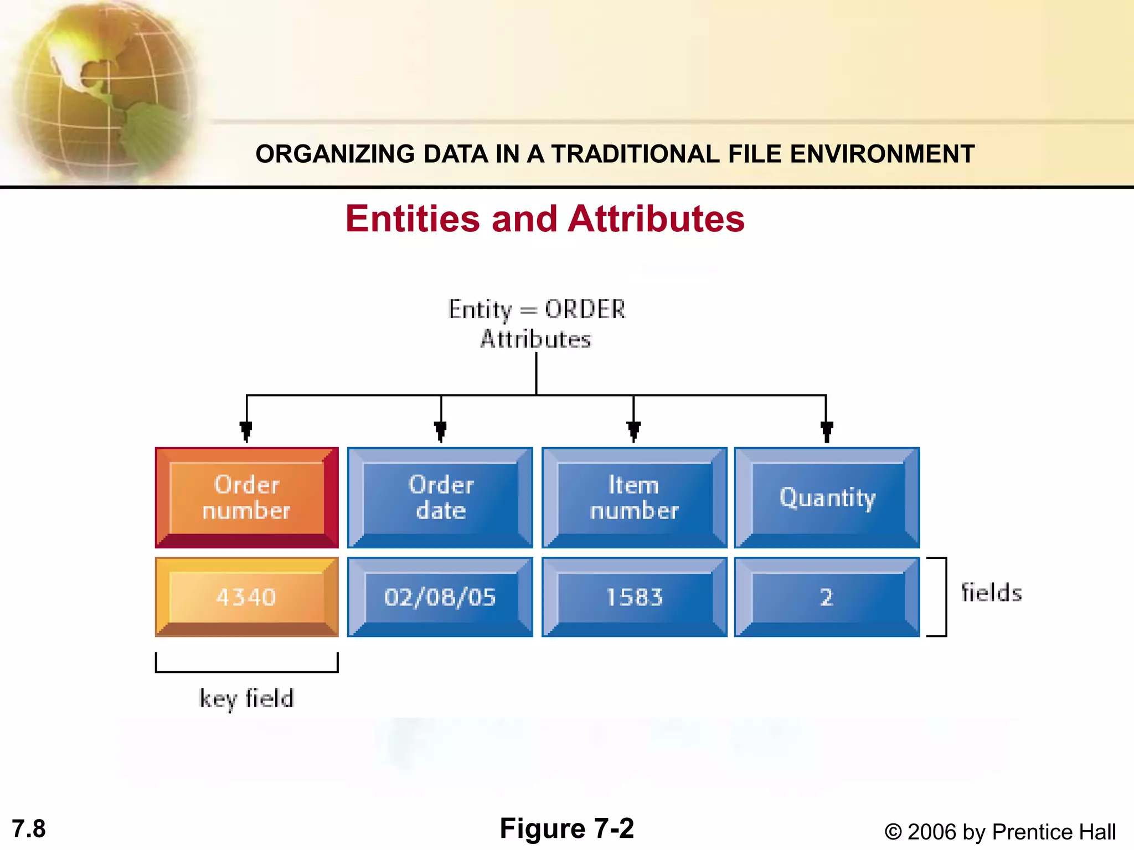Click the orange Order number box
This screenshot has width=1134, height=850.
coord(246,497)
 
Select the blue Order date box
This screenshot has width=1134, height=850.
coord(440,497)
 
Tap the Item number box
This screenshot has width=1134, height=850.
coord(634,497)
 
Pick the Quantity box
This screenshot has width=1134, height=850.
coord(827,497)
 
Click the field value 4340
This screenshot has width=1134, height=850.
coord(246,597)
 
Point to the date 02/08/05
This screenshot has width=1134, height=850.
coord(440,597)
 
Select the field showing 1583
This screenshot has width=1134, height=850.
coord(634,597)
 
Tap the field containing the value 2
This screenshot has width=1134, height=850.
coord(827,597)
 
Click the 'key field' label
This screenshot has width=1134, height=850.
coord(246,698)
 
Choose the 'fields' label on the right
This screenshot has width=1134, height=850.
coord(991,593)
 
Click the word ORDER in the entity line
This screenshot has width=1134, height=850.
coord(585,309)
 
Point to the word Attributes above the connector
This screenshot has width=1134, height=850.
coord(535,339)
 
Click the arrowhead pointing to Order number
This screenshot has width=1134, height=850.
coord(246,431)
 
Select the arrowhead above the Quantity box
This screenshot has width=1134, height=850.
coord(827,431)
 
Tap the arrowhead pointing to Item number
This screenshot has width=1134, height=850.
coord(634,431)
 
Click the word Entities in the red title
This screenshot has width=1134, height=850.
coord(412,219)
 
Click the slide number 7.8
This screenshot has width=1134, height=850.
coord(29,829)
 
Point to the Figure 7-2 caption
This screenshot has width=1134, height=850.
coord(566,828)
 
